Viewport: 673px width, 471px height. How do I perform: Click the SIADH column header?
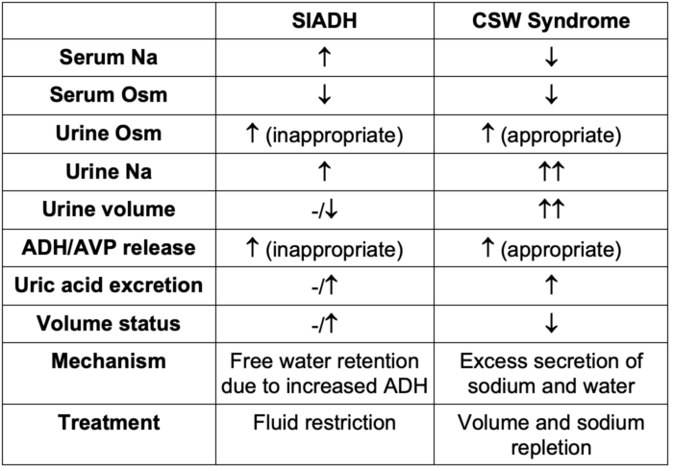point(325,20)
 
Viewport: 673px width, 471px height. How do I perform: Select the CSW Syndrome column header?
point(551,21)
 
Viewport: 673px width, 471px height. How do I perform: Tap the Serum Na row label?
point(109,57)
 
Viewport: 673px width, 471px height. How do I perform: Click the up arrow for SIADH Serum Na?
point(325,57)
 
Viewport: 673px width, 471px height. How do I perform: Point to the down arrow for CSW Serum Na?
point(551,57)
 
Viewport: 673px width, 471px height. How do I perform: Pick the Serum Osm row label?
point(109,94)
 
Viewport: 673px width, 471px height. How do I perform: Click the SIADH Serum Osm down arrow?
point(325,95)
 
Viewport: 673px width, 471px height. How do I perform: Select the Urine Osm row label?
point(109,133)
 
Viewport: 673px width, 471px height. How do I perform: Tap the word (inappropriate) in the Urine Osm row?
point(335,136)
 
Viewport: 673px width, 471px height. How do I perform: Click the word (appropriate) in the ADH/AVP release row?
point(561,250)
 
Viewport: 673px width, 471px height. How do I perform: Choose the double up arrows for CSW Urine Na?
point(551,172)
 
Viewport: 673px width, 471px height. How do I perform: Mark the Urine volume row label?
point(109,210)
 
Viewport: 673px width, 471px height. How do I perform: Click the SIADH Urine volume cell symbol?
point(325,211)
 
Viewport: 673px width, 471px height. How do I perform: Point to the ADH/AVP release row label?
point(109,247)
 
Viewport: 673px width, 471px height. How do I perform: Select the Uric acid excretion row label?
point(109,285)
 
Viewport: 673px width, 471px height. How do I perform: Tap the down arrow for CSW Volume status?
point(551,323)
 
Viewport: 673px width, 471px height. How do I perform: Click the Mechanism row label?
point(109,361)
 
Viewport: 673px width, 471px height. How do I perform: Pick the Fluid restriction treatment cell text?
point(325,423)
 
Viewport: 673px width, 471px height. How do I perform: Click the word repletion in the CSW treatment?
point(551,448)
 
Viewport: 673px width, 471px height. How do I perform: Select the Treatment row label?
point(109,423)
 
